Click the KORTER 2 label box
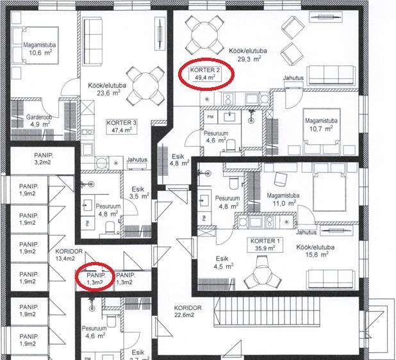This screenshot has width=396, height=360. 205,74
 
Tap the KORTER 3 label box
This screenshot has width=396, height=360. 122,126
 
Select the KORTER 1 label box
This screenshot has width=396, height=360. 265,245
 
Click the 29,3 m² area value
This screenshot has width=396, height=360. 249,59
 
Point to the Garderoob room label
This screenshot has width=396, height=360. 39,117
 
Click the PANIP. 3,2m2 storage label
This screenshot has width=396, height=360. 43,159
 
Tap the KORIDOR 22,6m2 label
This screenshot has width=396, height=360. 188,311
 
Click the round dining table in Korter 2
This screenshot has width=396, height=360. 204,35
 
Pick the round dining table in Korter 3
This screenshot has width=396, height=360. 145,86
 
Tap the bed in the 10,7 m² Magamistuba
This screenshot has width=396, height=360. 322,130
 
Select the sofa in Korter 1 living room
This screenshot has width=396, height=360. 331,279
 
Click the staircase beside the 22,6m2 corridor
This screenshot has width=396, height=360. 267,311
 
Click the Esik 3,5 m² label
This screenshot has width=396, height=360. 139,193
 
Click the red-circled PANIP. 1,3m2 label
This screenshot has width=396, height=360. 95,279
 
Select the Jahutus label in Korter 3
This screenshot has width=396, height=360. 137,160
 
